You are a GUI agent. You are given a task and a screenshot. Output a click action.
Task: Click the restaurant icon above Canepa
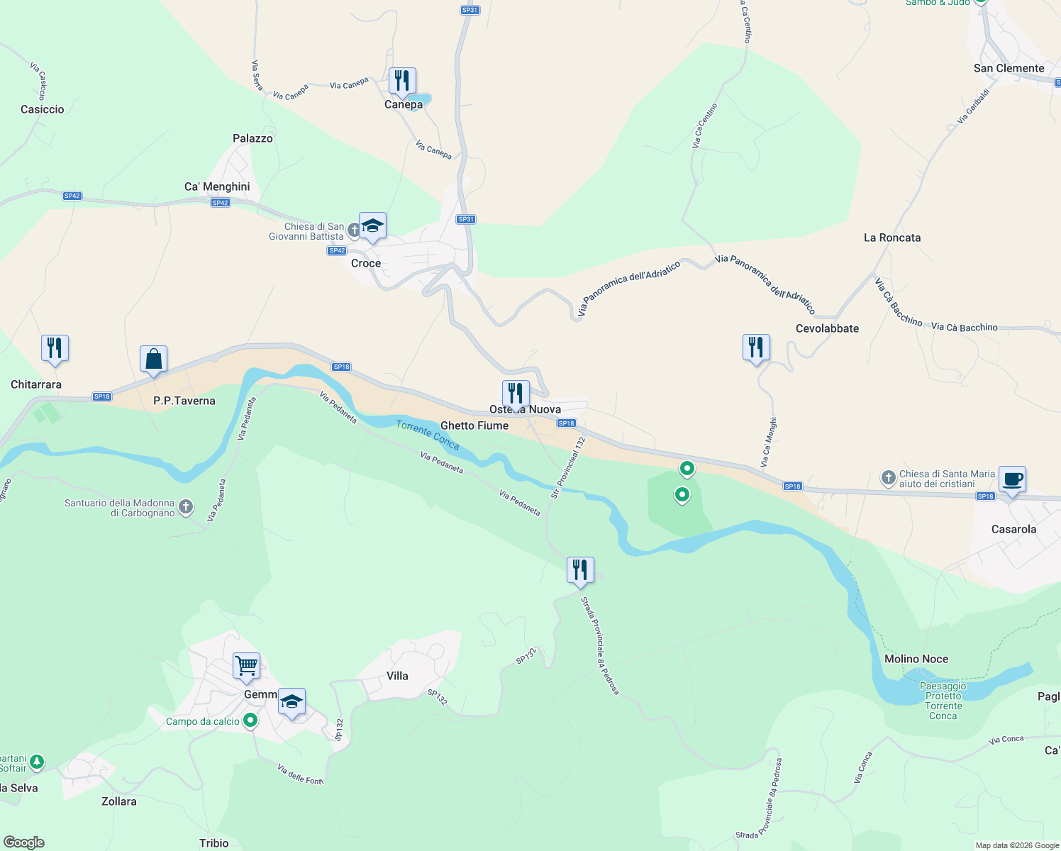[x=402, y=81]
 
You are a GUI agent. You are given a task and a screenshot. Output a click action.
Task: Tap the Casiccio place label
[x=43, y=109]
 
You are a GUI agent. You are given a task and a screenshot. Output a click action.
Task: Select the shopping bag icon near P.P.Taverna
[x=153, y=359]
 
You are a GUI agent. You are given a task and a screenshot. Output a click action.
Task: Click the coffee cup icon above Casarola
[x=1012, y=479]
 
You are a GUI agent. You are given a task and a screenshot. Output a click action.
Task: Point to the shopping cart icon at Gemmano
[x=246, y=666]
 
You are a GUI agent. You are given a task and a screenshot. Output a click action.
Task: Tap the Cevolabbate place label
[x=827, y=328]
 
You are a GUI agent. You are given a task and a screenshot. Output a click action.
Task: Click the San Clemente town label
[x=1009, y=68]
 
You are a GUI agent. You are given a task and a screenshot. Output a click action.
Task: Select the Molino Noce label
[x=916, y=659]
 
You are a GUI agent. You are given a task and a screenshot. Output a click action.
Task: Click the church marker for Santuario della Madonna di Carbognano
[x=186, y=506]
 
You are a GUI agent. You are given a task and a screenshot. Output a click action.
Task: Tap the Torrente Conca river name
[x=428, y=435]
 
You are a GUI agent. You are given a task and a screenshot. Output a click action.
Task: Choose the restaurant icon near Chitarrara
[x=55, y=348]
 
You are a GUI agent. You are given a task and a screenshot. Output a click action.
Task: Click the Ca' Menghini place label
[x=217, y=187]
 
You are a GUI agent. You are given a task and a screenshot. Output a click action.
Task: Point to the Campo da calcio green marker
[x=250, y=721]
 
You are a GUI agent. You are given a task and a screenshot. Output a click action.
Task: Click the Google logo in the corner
[x=24, y=842]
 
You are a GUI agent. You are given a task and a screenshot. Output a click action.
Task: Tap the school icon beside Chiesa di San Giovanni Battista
[x=372, y=226]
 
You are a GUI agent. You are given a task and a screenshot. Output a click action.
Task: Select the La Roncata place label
[x=892, y=238]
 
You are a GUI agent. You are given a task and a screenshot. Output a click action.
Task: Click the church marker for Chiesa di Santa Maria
[x=888, y=478]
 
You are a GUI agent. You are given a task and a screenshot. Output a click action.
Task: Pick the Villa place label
[x=397, y=676]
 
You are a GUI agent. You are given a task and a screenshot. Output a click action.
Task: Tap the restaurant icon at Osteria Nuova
[x=516, y=394]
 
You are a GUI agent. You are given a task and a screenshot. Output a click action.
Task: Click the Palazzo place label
[x=252, y=138]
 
